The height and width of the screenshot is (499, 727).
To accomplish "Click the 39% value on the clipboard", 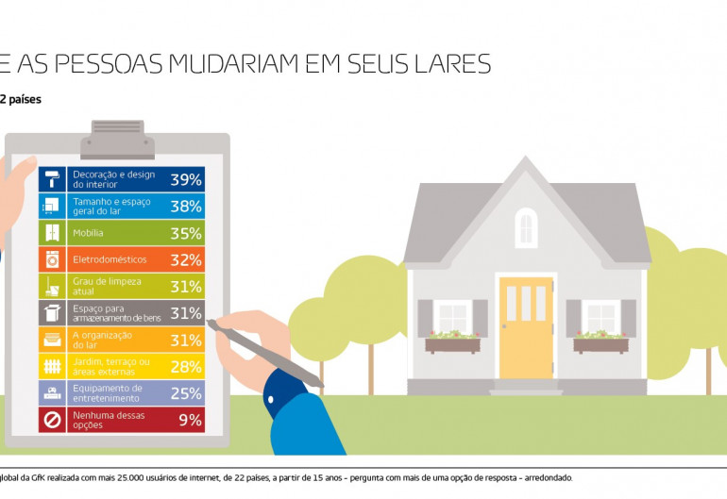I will click(185, 179).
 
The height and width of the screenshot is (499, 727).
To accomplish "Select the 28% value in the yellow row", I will click(185, 366).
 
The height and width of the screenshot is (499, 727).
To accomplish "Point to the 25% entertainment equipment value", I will click(185, 392).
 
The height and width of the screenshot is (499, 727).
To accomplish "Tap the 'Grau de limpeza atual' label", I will click(107, 286).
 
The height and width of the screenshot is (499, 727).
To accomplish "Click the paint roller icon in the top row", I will click(51, 179).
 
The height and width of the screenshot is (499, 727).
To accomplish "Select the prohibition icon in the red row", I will click(51, 420).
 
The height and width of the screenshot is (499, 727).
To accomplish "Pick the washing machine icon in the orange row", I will click(51, 259).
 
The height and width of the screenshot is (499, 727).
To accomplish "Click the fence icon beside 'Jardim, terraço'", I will click(51, 366).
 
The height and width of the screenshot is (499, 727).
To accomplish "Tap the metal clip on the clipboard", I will click(117, 139).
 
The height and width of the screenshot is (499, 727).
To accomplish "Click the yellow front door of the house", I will click(526, 326).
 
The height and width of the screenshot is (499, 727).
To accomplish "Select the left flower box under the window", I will click(452, 344).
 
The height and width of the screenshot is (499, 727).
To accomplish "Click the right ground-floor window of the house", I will click(600, 317).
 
